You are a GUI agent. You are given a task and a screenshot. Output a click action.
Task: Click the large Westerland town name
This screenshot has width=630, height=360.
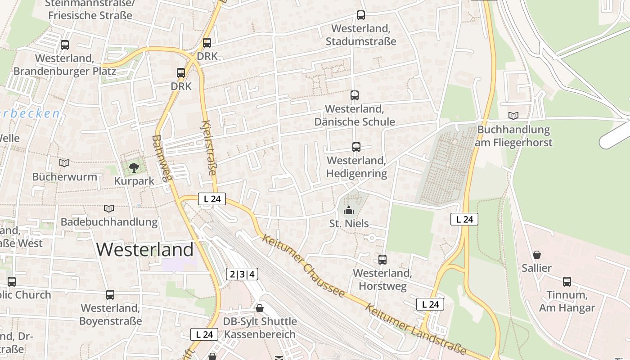pos(145,249)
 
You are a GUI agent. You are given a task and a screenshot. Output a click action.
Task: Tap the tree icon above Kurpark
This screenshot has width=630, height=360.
pos(134,168)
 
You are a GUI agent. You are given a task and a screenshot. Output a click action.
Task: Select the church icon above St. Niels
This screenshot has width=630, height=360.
pos(349,210)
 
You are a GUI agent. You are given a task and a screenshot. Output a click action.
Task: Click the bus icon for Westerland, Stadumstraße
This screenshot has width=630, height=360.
pos(361,15)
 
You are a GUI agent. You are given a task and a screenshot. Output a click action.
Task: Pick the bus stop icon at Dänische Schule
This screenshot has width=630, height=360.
pos(355,95)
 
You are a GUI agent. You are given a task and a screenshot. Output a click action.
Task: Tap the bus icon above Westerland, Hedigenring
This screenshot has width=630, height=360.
pos(356,147)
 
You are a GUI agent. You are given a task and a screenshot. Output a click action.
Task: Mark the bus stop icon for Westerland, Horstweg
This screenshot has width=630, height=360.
pos(382,260)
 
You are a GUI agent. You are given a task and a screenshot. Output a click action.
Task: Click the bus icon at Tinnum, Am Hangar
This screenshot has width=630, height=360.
pos(567,282)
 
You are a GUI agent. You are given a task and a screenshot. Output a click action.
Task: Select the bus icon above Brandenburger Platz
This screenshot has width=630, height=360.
pos(65,45)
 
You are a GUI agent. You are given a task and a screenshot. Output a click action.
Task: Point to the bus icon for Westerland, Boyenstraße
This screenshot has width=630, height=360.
pos(110,295)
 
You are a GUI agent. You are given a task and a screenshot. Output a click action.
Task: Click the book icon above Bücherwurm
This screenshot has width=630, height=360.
pos(64,163)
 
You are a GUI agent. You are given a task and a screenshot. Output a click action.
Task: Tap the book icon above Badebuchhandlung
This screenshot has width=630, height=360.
pos(109,208)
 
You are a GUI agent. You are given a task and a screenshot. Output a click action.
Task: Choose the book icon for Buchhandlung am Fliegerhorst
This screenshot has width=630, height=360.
pos(513,116)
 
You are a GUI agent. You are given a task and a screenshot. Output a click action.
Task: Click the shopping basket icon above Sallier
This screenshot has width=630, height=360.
pos(536,255)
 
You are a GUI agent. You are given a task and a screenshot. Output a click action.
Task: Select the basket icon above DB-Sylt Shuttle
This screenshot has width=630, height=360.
pos(260,308)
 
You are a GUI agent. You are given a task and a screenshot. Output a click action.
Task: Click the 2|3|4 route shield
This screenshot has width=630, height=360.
pos(242,274)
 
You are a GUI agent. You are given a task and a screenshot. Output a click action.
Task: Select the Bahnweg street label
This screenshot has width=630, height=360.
pos(162,158)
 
